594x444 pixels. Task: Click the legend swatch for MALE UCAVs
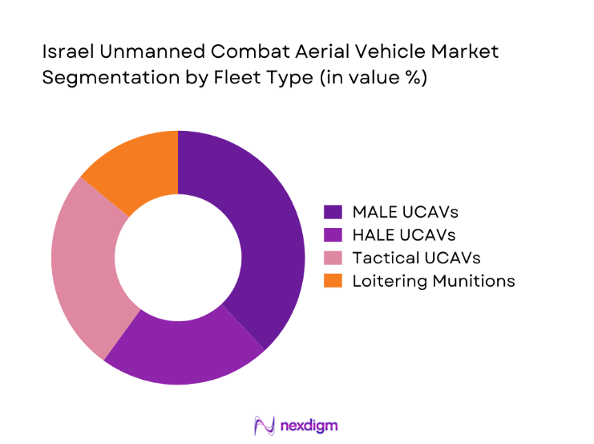click(333, 212)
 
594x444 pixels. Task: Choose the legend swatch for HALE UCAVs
click(333, 235)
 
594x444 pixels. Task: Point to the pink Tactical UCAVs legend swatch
click(333, 258)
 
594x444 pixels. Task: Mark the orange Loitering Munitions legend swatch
click(333, 280)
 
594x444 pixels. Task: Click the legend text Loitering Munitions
click(434, 280)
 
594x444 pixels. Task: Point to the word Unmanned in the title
click(132, 51)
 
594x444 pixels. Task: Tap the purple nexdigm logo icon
click(264, 425)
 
